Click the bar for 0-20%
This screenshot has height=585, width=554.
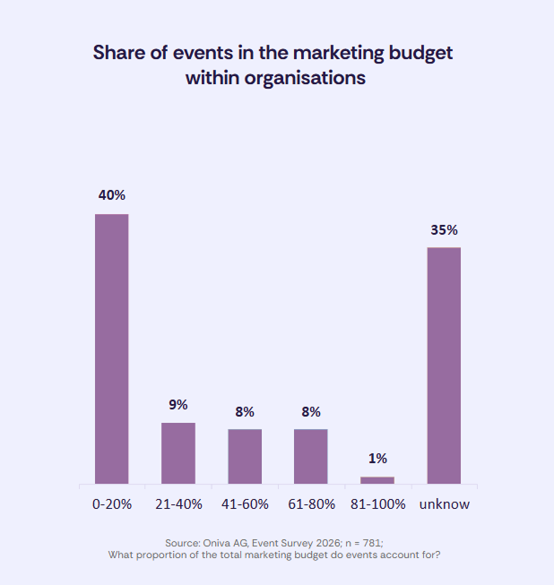[x=112, y=348]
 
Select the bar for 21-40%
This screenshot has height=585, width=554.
[x=178, y=452]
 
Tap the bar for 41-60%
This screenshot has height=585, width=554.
[x=245, y=456]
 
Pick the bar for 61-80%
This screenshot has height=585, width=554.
[x=311, y=456]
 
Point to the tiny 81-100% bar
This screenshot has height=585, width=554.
[x=377, y=480]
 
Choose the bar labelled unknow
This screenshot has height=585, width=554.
[x=444, y=366]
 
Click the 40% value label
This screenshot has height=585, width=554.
[x=112, y=194]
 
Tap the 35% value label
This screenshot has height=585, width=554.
[x=444, y=229]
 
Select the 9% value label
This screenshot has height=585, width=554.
[x=178, y=404]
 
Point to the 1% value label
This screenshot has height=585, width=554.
[x=377, y=458]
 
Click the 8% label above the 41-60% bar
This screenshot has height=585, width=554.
[x=245, y=411]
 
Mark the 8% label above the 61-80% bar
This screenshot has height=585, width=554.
[x=311, y=411]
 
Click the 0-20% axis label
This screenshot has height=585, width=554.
[x=112, y=504]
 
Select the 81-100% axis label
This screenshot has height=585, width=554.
[x=377, y=504]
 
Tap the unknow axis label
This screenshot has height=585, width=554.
[x=444, y=504]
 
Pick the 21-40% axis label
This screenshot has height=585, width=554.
[x=178, y=504]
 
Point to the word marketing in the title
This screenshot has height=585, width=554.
[x=342, y=52]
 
